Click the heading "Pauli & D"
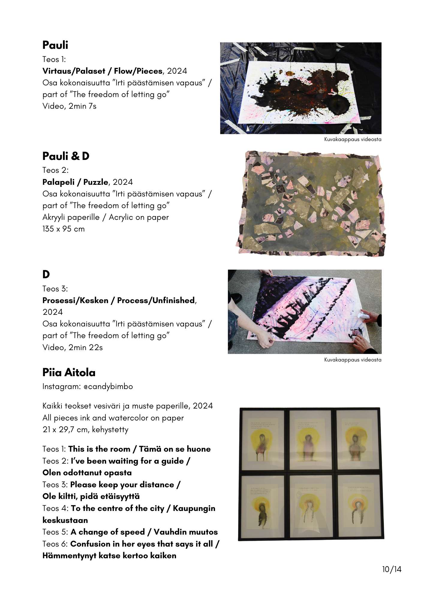click(x=66, y=156)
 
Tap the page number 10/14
click(x=392, y=569)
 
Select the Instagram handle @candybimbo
click(x=108, y=387)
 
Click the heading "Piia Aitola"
click(x=69, y=372)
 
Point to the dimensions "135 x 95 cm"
click(x=63, y=229)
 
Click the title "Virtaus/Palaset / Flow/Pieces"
click(x=102, y=71)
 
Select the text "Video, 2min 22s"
click(x=72, y=347)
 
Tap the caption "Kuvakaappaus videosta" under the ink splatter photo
click(x=353, y=139)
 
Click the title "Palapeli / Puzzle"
click(x=75, y=182)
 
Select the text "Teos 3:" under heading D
click(x=55, y=289)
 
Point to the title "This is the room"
click(x=99, y=449)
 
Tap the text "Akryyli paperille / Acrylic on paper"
click(x=106, y=217)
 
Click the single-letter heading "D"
click(x=46, y=274)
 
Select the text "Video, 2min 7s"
click(x=69, y=106)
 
